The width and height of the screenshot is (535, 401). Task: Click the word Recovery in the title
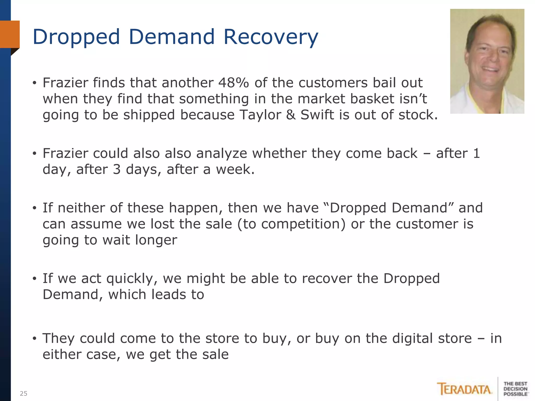tap(271, 37)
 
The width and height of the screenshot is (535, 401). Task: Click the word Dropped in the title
tap(76, 37)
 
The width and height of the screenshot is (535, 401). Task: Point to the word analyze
tap(222, 154)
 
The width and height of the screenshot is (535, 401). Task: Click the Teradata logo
tap(464, 389)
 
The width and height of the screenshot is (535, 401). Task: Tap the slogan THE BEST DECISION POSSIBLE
tap(515, 389)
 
